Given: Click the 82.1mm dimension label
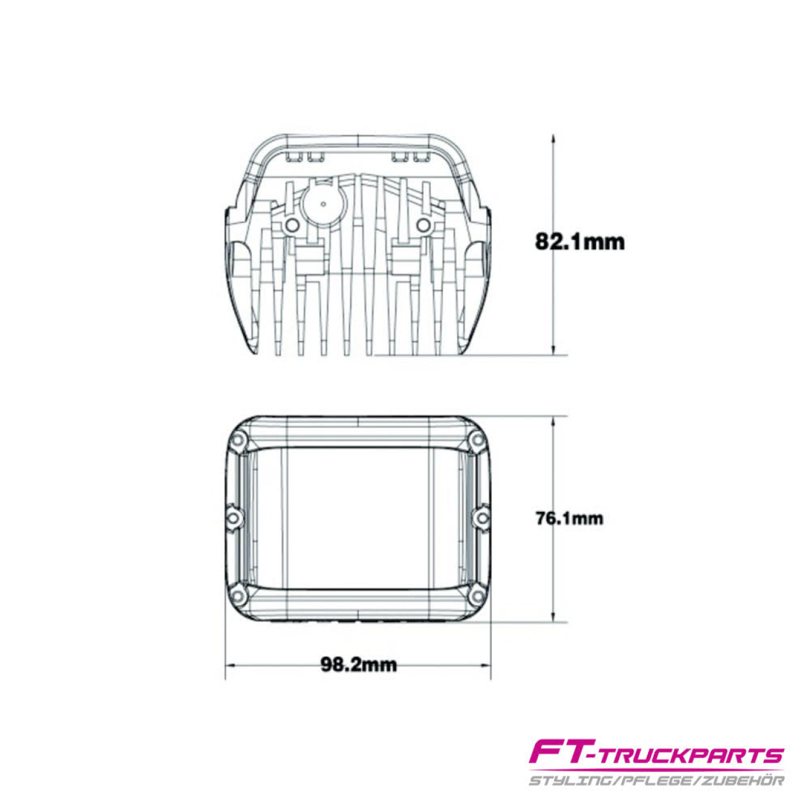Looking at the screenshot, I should coord(579,242).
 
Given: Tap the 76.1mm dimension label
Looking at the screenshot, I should coord(570,519).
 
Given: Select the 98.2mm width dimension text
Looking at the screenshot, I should coord(359,665).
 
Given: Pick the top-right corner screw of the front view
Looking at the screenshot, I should coord(477,440).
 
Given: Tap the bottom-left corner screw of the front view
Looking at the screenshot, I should coord(239,595).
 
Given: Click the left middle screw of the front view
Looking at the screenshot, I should coord(234,518).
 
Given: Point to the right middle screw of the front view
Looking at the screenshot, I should coord(482,518).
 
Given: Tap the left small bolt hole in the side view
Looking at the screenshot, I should coord(291,225).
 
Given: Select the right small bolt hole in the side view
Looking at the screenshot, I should coord(423,225).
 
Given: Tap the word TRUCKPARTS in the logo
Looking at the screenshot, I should coord(690,756).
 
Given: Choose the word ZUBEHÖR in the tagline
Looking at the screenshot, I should coord(744,780).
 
